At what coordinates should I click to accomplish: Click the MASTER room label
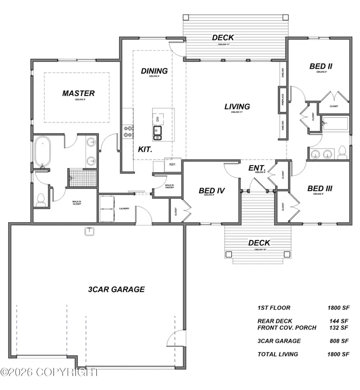(78, 93)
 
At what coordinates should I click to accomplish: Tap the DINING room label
(154, 71)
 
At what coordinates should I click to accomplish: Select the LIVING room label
(237, 107)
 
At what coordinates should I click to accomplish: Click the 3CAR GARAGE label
(116, 289)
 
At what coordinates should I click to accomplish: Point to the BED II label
(321, 66)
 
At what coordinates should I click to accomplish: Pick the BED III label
(320, 188)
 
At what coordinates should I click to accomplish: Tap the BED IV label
(212, 191)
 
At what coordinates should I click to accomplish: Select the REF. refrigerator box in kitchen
(173, 164)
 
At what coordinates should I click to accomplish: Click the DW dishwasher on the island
(158, 119)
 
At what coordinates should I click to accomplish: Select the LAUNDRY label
(124, 209)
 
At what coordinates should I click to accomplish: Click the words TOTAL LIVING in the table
(278, 354)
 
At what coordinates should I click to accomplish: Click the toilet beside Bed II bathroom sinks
(342, 152)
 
